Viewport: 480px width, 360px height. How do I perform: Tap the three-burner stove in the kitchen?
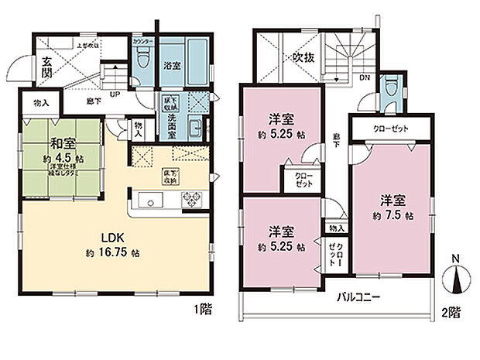pyautogui.click(x=191, y=201)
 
